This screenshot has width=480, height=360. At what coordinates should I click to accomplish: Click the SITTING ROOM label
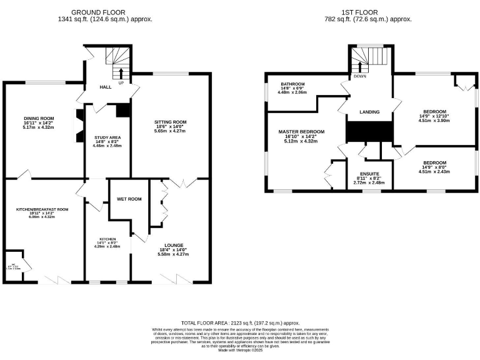click(171, 122)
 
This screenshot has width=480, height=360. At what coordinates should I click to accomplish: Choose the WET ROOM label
click(129, 199)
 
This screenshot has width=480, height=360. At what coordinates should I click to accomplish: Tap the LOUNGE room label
click(173, 245)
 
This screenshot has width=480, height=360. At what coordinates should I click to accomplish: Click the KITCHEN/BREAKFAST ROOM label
click(42, 209)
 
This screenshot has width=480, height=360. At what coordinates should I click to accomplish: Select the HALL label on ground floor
click(106, 87)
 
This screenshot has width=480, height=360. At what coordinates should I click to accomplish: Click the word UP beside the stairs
click(121, 82)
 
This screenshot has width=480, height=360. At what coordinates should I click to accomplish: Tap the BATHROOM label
click(292, 84)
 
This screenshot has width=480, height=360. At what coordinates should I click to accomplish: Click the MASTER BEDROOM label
click(301, 132)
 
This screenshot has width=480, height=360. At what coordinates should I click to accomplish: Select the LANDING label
click(369, 112)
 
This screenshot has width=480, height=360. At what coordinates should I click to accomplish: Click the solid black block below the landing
click(369, 132)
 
